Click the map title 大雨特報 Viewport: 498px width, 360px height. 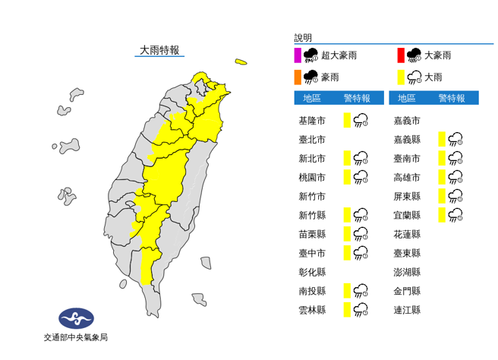(159, 50)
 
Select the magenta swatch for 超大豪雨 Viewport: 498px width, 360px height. (298, 55)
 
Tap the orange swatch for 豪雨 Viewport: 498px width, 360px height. (298, 76)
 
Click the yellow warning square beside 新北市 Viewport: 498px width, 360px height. (346, 158)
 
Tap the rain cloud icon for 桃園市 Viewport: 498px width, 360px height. (361, 177)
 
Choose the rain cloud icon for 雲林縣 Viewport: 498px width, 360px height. (361, 310)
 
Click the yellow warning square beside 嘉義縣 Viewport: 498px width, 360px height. (441, 139)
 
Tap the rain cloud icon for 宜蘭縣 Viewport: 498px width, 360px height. (456, 215)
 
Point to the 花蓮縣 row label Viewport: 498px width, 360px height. (408, 234)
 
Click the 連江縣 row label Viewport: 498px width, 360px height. (408, 310)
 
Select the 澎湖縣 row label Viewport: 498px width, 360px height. (408, 272)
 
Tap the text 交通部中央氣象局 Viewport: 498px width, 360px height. (75, 338)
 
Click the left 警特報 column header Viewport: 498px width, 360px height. (357, 98)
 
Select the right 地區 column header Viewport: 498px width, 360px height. (407, 98)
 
